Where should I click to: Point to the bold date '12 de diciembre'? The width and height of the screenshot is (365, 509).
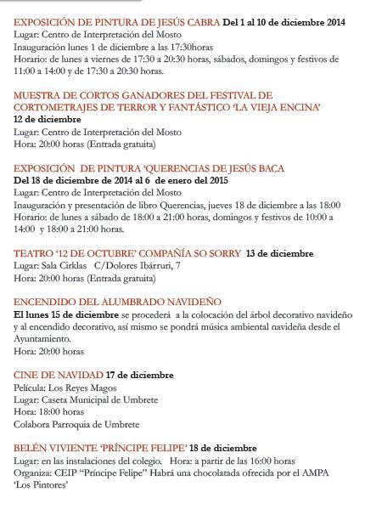(x=48, y=120)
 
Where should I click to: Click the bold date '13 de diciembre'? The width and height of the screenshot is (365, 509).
(x=279, y=253)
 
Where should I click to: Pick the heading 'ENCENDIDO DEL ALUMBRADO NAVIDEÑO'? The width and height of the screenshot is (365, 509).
(x=117, y=302)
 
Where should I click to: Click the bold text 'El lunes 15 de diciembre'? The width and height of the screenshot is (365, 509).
(x=66, y=314)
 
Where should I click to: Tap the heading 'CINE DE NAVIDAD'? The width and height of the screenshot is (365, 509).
(x=58, y=375)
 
